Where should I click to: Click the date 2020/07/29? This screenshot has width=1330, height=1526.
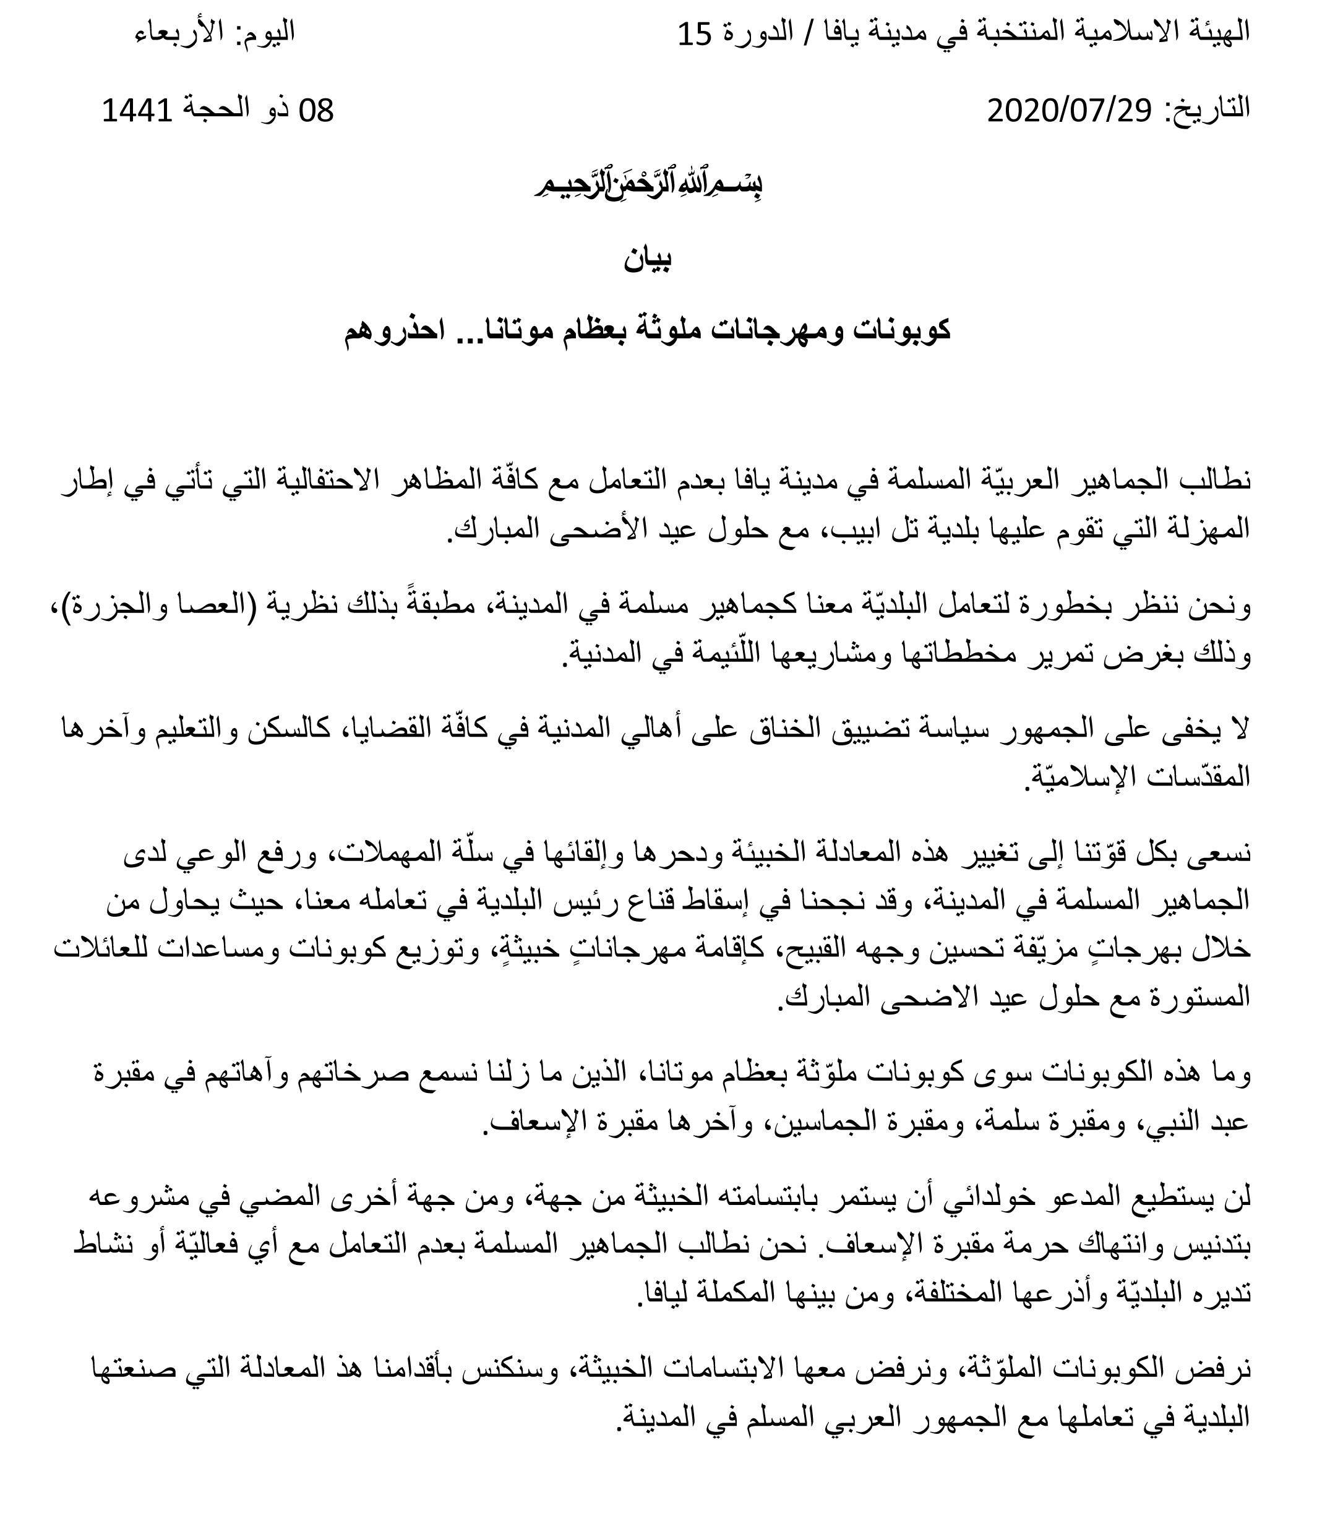(x=1070, y=111)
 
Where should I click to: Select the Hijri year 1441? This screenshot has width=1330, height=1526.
(x=137, y=111)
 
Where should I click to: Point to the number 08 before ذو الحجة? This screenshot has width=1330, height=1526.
(x=317, y=111)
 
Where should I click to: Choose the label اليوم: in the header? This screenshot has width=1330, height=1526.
(x=264, y=33)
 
